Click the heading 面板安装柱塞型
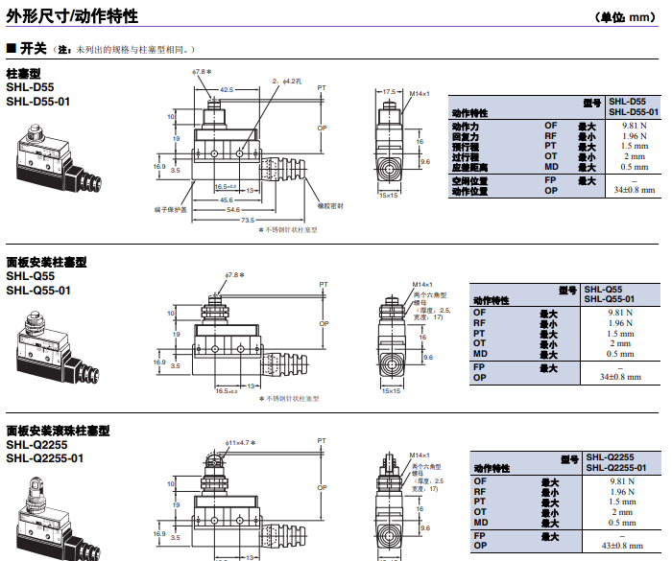point(46,262)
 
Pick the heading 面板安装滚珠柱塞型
point(58,431)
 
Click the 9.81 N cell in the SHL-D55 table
point(634,126)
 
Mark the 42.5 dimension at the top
point(227,89)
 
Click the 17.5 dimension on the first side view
point(389,92)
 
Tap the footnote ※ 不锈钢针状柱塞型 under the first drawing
point(287,230)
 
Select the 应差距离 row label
point(471,167)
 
